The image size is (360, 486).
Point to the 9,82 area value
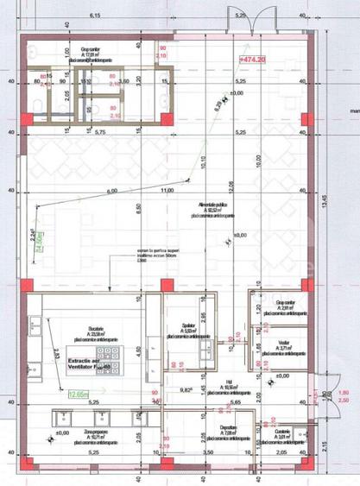point(184,389)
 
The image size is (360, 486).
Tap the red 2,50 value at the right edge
point(342,401)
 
